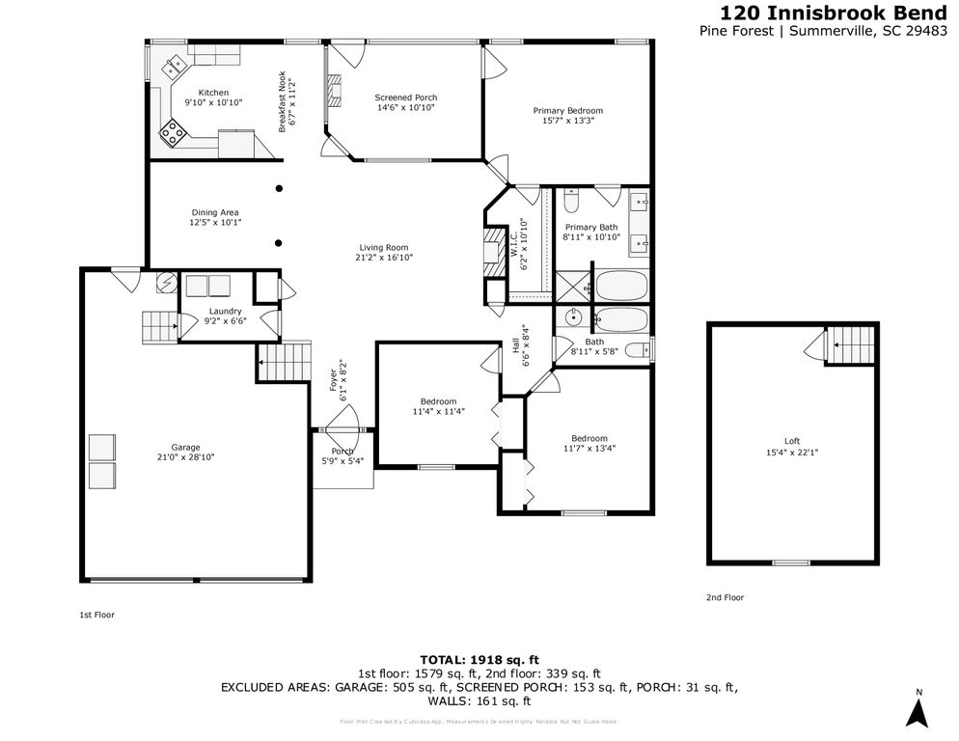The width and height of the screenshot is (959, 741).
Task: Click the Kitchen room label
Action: tap(213, 93)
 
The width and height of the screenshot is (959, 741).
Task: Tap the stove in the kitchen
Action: tap(174, 132)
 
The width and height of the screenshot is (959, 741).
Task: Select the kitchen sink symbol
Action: tap(176, 66)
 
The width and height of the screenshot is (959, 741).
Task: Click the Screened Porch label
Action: tap(405, 97)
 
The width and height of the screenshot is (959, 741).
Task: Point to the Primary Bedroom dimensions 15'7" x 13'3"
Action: tap(568, 122)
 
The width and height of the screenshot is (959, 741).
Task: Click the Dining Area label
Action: tap(214, 212)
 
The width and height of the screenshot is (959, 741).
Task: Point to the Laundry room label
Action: tap(225, 311)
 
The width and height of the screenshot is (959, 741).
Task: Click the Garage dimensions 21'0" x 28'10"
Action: tap(185, 457)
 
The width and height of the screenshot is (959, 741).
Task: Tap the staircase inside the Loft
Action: tap(852, 341)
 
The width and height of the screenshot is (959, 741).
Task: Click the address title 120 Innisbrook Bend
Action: tap(834, 13)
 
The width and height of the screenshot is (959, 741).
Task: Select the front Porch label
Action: tap(342, 451)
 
